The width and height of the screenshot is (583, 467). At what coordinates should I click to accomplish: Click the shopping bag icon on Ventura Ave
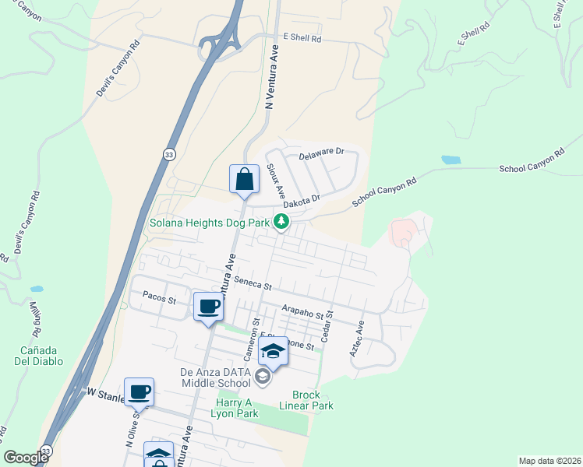[x=245, y=179]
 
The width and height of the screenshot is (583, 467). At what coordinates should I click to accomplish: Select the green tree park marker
[x=281, y=224]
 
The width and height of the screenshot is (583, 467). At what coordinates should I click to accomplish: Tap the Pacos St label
[x=160, y=297]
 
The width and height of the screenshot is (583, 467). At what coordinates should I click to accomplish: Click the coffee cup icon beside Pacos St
[x=208, y=307]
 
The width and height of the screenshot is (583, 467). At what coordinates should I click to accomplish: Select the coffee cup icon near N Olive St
[x=139, y=392]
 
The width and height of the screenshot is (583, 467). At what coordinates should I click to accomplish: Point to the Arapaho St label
[x=302, y=313]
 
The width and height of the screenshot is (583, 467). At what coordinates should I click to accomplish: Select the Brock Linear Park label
[x=313, y=400]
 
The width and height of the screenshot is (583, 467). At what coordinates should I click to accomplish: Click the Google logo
[x=26, y=458]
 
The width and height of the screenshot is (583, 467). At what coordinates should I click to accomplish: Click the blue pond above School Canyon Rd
[x=450, y=160]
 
